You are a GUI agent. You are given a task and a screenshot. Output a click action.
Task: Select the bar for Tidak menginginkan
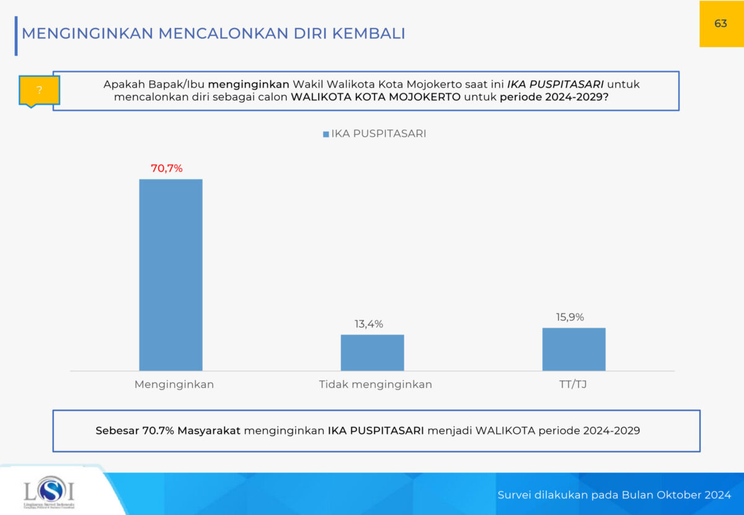tap(372, 353)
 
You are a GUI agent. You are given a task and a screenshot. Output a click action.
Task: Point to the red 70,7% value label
tap(167, 168)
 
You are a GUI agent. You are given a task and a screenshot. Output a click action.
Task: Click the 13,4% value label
tap(368, 324)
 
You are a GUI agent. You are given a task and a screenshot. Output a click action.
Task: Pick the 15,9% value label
tap(570, 317)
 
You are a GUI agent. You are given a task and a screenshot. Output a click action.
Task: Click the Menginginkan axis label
tap(174, 384)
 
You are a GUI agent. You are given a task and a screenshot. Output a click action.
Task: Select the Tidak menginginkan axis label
tap(375, 384)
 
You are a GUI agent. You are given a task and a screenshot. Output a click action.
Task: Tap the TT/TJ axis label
tap(573, 384)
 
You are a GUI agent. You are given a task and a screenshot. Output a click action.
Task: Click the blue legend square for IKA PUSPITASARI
tap(326, 134)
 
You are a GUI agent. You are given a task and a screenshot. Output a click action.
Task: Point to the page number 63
tap(720, 24)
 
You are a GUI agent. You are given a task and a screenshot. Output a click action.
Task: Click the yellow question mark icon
tap(39, 90)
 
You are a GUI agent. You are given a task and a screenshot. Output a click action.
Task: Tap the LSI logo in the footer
tap(48, 492)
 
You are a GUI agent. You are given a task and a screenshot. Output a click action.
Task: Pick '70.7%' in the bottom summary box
tap(158, 430)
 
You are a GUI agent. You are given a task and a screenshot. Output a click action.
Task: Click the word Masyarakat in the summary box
tap(209, 430)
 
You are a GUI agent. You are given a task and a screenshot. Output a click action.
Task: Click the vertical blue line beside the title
tap(16, 37)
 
